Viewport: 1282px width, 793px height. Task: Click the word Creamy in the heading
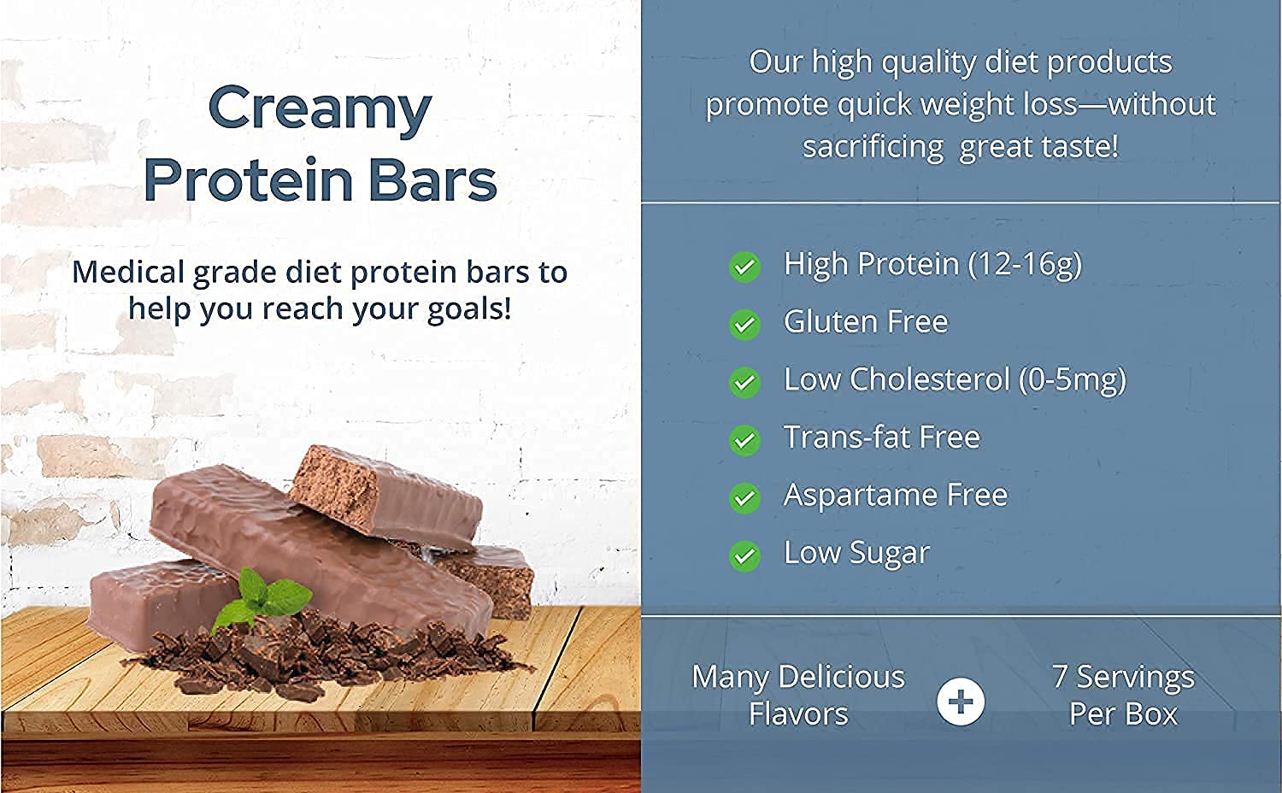tap(320, 109)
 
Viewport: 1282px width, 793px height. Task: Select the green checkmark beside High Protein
tap(744, 267)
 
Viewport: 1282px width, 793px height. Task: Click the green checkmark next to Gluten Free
tap(744, 324)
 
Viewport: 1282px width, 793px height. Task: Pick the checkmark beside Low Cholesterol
tap(744, 382)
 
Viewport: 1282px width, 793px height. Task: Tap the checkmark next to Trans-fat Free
tap(744, 440)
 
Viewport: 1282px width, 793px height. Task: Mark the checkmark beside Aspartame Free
tap(744, 497)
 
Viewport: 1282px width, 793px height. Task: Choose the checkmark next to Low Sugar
tap(744, 555)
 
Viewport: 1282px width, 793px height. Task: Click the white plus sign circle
tap(961, 702)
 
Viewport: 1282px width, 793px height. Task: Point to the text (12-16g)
tap(1025, 264)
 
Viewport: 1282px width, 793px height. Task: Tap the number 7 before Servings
tap(1060, 677)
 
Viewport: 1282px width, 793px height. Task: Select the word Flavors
tap(798, 714)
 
